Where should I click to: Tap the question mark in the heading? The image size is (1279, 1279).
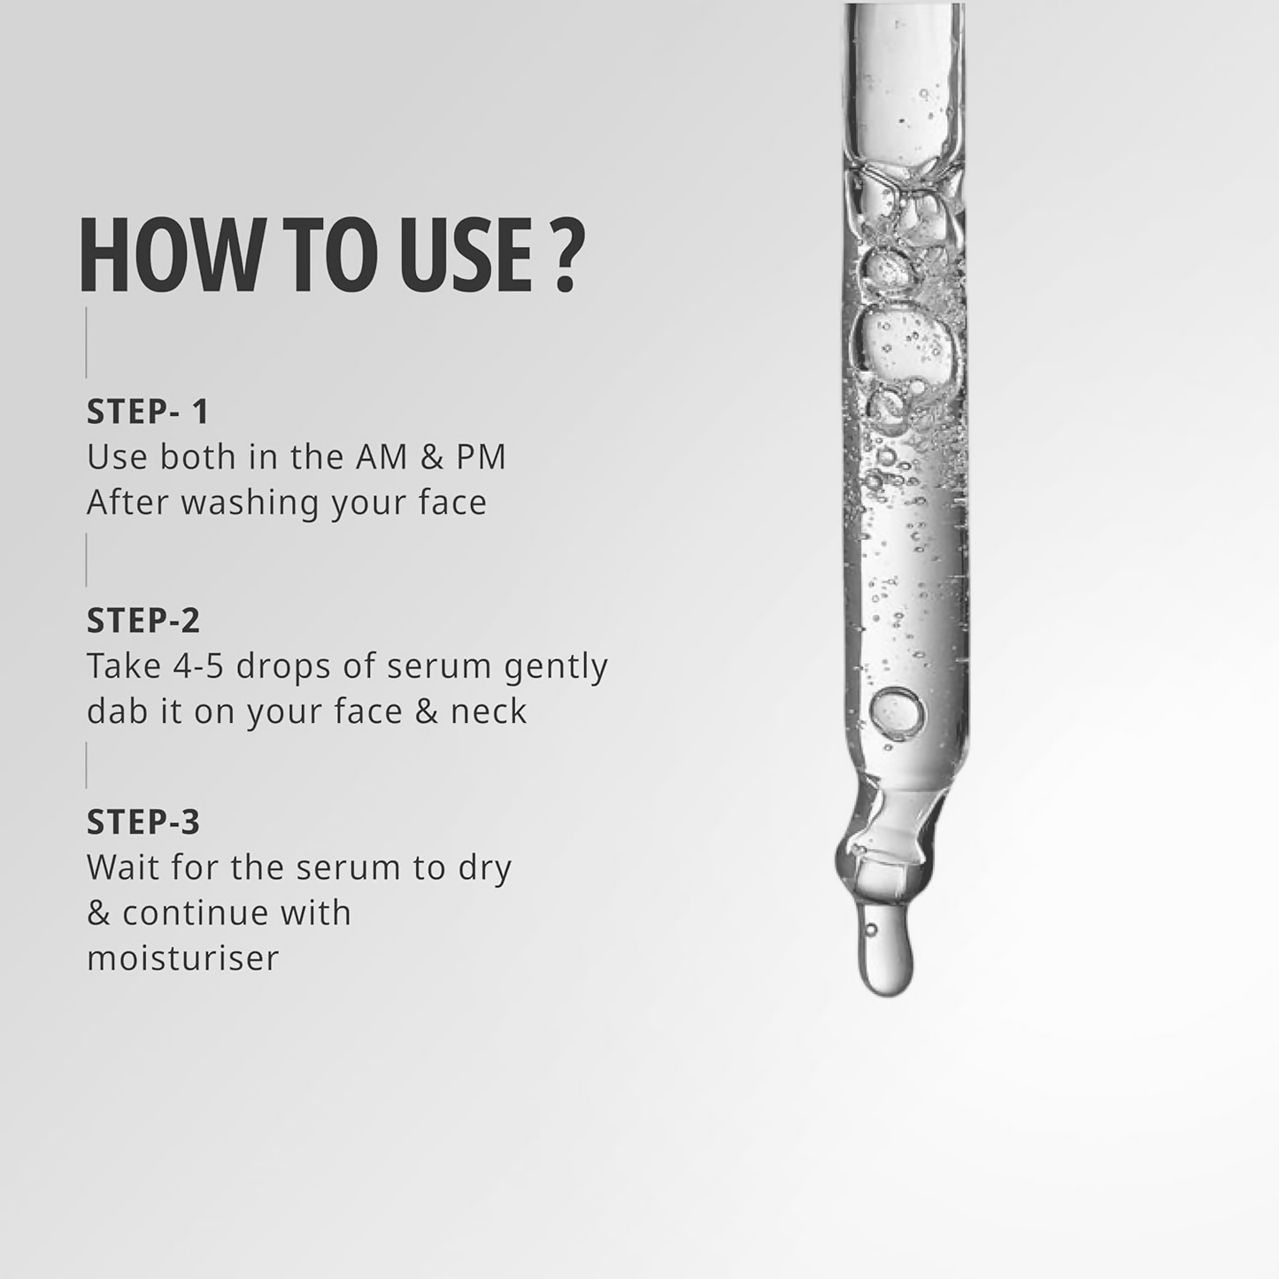click(x=568, y=255)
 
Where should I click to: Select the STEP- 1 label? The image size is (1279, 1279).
click(x=148, y=412)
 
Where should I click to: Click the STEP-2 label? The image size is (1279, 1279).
click(x=143, y=620)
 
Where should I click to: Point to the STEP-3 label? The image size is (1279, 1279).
click(x=143, y=821)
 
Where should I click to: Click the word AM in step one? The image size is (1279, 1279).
click(x=381, y=458)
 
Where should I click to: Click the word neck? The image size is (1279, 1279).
click(x=489, y=711)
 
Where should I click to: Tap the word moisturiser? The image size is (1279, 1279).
click(x=182, y=959)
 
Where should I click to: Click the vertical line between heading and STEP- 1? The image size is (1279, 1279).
click(x=86, y=343)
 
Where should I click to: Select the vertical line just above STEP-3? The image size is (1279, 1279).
click(x=86, y=766)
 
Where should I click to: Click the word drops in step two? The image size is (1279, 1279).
click(x=283, y=667)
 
